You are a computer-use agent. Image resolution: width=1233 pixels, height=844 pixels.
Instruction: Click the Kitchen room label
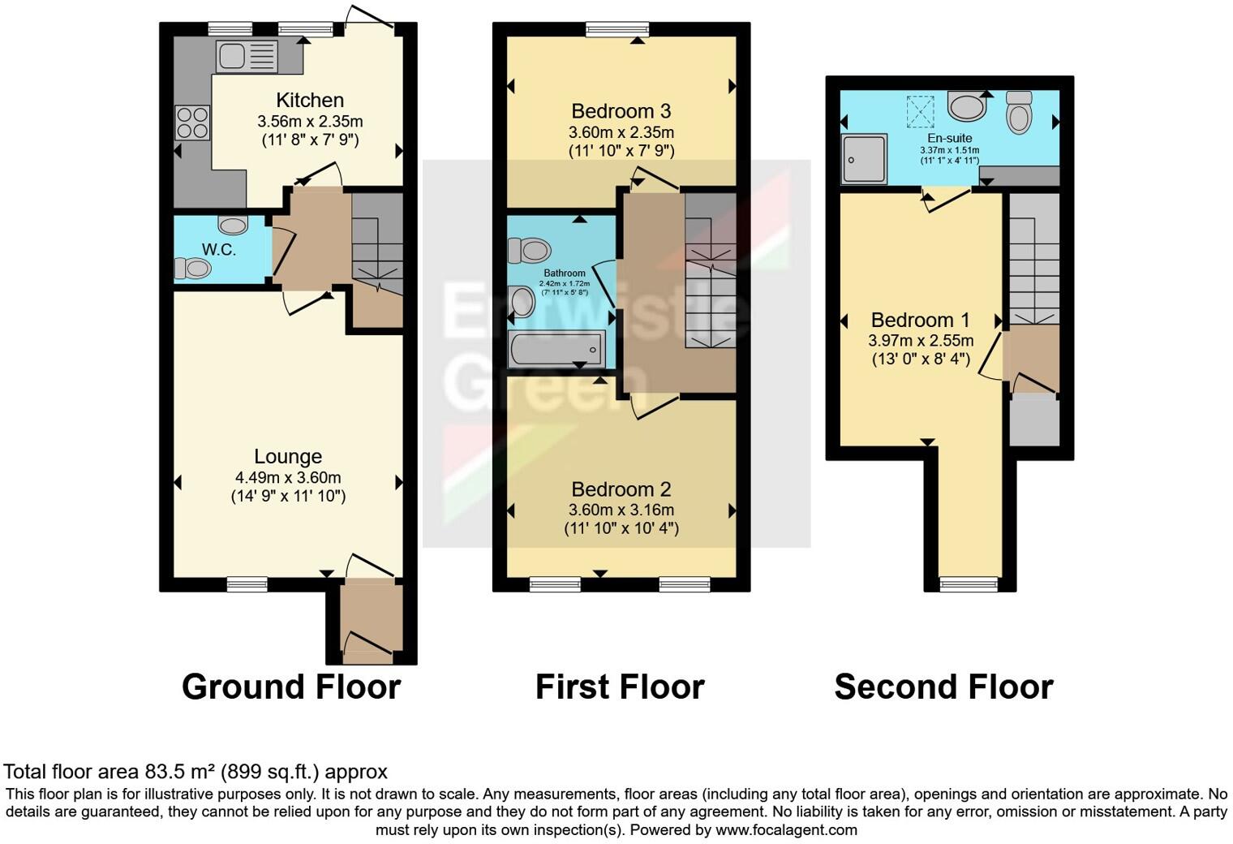(x=310, y=101)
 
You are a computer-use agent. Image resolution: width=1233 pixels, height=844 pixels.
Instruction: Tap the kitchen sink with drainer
(x=247, y=57)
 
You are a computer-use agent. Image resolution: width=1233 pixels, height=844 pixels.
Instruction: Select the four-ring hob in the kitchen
(x=191, y=123)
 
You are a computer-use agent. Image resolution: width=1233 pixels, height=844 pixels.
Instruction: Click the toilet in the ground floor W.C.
(x=193, y=268)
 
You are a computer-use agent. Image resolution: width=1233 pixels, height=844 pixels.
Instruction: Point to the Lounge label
(x=288, y=457)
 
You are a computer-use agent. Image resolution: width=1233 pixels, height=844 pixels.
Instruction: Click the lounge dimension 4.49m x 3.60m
(x=288, y=478)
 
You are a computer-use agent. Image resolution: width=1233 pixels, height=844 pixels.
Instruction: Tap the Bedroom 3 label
(x=621, y=111)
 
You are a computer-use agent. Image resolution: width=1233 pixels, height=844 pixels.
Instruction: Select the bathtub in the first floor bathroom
(x=556, y=350)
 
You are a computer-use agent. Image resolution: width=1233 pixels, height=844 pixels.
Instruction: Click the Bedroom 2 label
(x=621, y=489)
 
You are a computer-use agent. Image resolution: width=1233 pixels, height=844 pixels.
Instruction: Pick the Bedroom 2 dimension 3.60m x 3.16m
(x=621, y=510)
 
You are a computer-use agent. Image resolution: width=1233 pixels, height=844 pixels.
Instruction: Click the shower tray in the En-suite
(x=864, y=159)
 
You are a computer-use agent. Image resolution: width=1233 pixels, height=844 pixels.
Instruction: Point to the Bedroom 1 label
(x=921, y=320)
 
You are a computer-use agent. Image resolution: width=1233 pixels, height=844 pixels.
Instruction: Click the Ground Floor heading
(x=291, y=687)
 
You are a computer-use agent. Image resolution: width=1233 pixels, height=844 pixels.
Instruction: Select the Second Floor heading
(x=943, y=687)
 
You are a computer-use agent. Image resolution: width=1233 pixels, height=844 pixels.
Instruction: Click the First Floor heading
(x=620, y=687)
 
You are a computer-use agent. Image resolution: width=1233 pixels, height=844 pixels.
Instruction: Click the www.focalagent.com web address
(x=786, y=829)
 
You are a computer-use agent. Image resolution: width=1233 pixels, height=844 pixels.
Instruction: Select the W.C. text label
(x=218, y=250)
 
